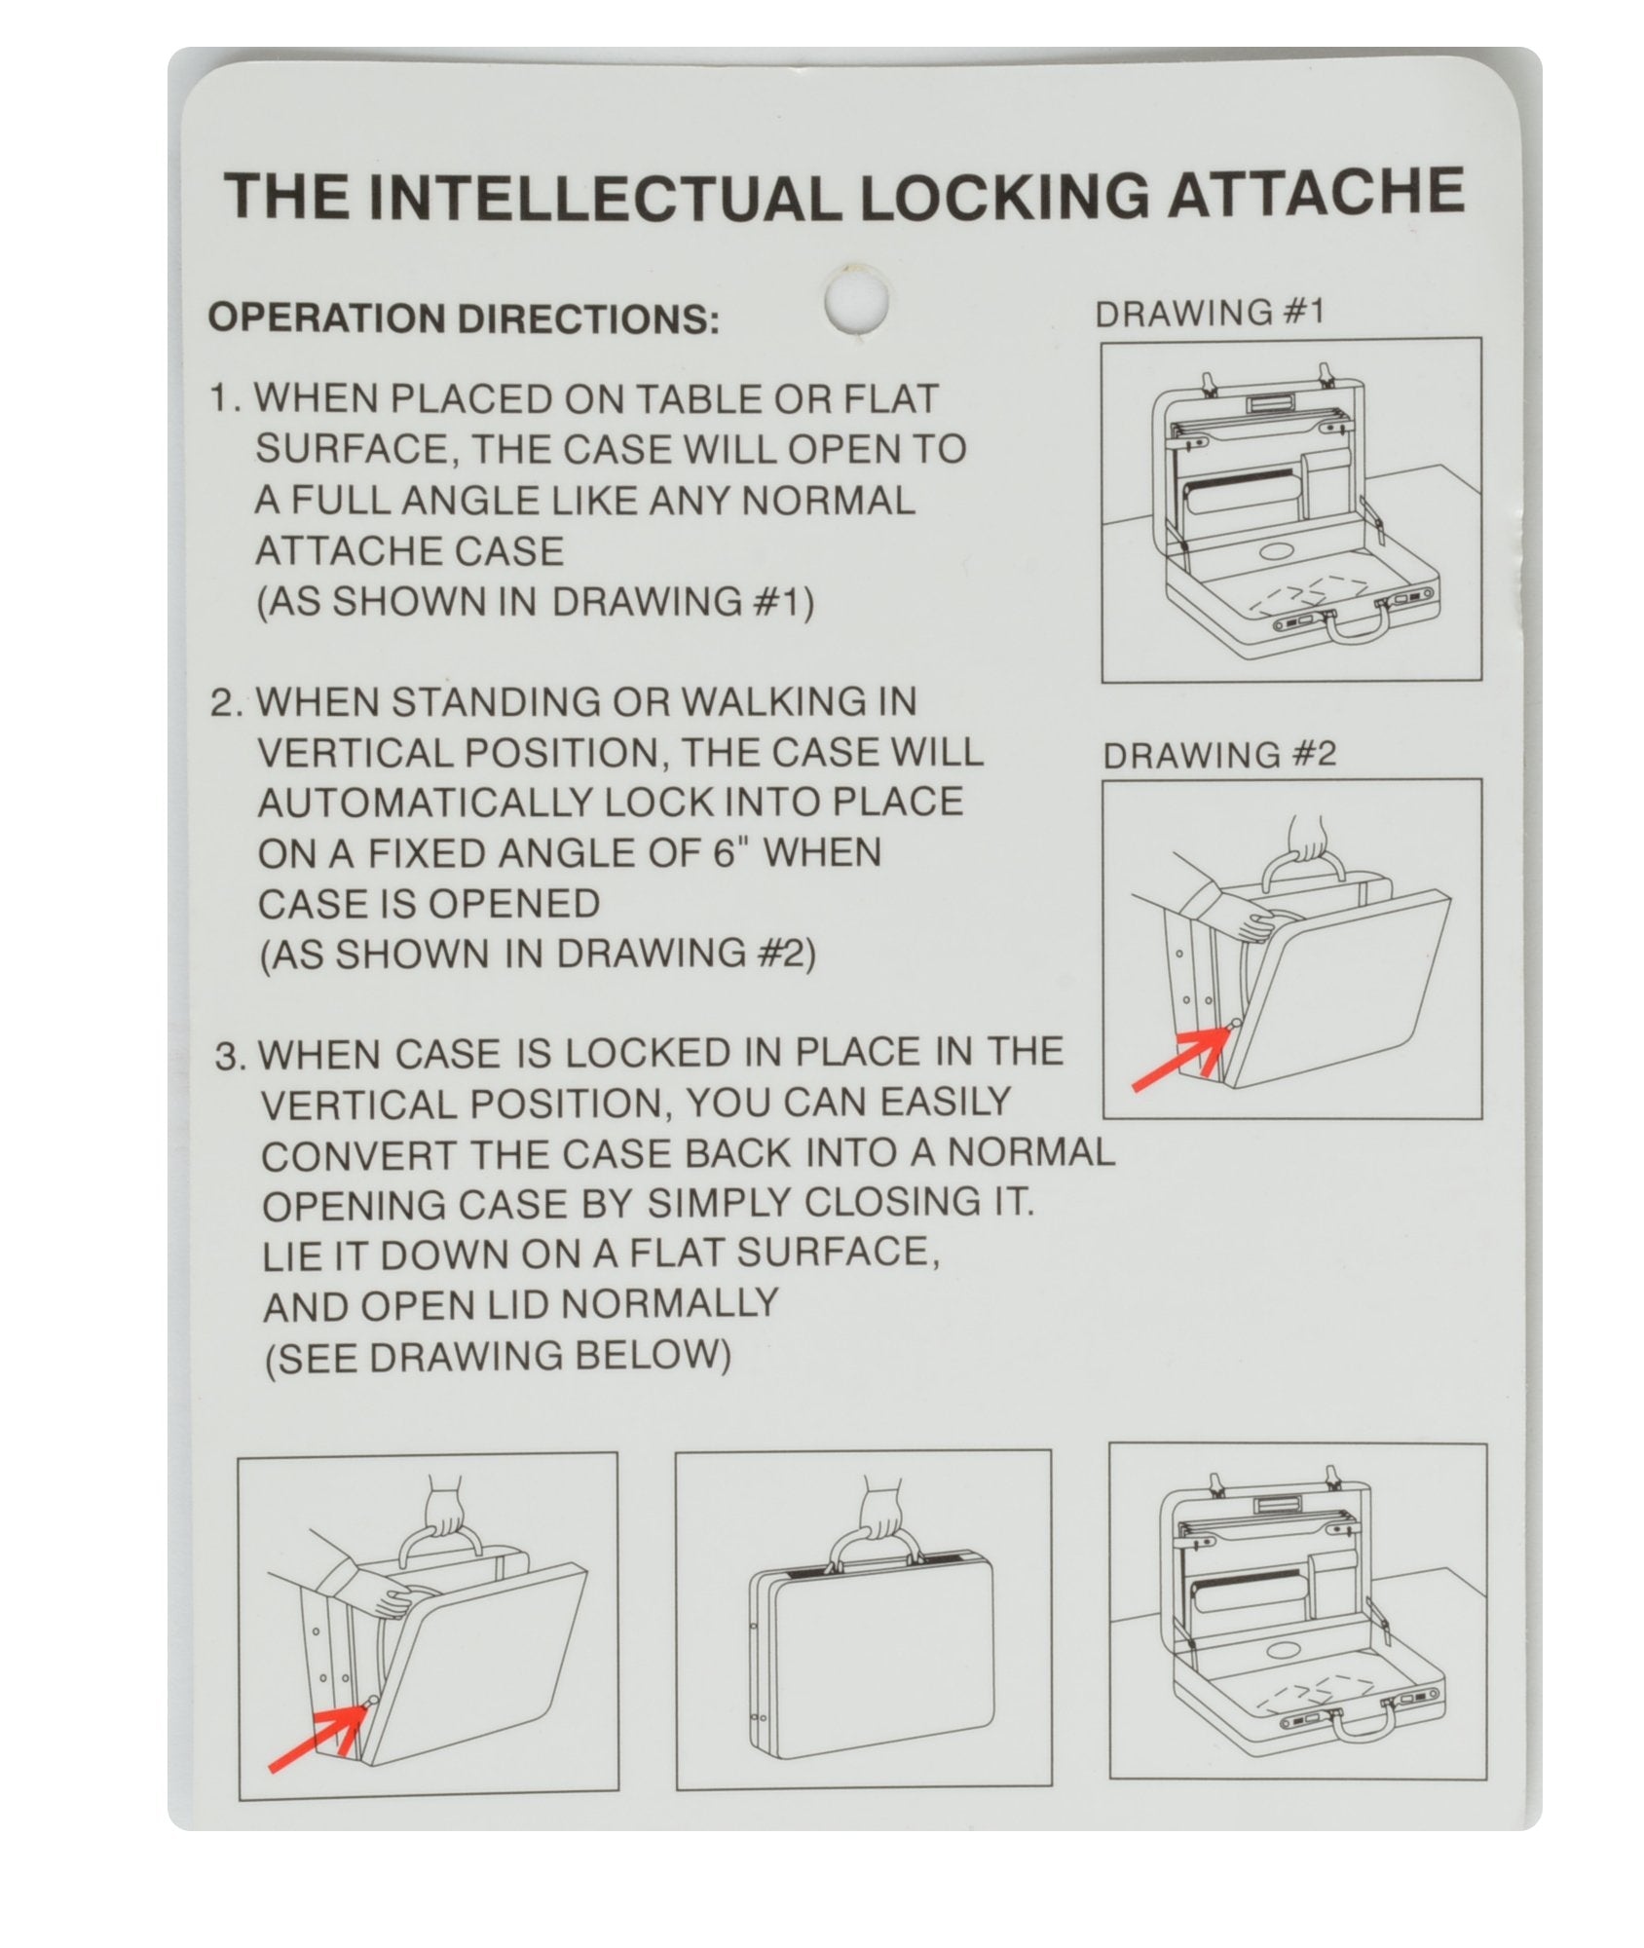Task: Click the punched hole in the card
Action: tap(856, 301)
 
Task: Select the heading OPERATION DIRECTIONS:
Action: tap(465, 319)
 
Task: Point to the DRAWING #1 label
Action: tap(1211, 314)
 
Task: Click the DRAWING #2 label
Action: tap(1219, 755)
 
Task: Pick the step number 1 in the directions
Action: tap(224, 400)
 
